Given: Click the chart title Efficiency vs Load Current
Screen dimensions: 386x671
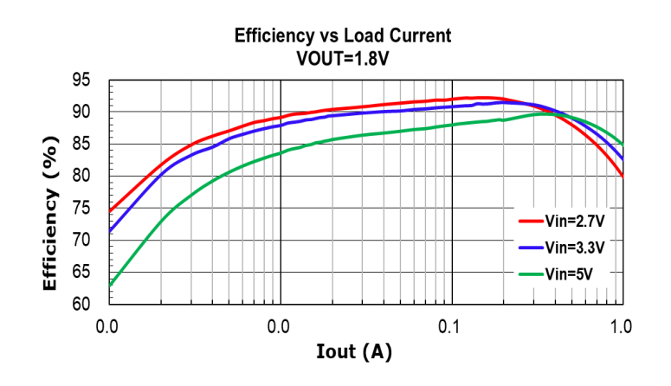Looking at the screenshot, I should pyautogui.click(x=343, y=36).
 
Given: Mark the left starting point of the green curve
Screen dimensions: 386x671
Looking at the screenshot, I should pyautogui.click(x=109, y=286).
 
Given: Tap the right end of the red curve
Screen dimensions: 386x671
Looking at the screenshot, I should pyautogui.click(x=623, y=177).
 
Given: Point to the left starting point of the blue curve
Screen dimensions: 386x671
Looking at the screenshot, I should pyautogui.click(x=109, y=232).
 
